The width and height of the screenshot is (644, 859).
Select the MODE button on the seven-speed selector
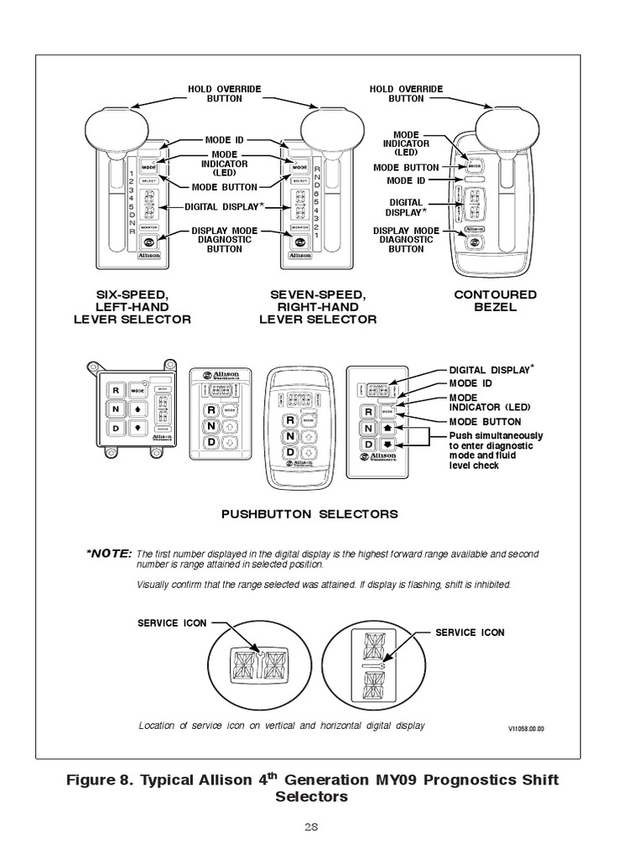pos(299,166)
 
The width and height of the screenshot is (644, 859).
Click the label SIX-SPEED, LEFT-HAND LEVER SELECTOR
pos(132,307)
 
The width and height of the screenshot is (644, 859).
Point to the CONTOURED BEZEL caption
pos(496,301)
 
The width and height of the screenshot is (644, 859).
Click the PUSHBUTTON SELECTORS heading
pos(309,513)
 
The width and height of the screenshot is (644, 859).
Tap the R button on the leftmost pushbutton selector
pos(115,391)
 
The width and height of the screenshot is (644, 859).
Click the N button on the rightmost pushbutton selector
pos(368,428)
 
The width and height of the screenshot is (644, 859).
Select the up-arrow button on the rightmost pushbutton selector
pos(388,428)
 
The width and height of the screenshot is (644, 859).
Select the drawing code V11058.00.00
pos(525,729)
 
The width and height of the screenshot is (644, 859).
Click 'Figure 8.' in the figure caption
pos(100,780)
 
